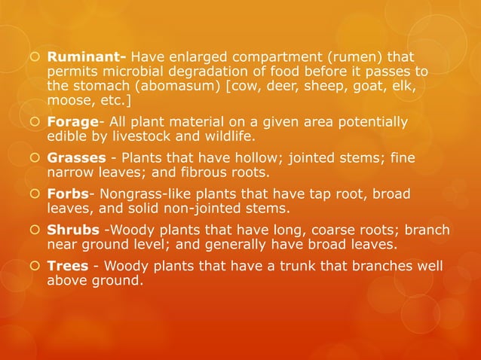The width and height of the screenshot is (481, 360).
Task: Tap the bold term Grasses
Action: (x=75, y=158)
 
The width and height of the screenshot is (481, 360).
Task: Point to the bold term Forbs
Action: (x=69, y=194)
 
